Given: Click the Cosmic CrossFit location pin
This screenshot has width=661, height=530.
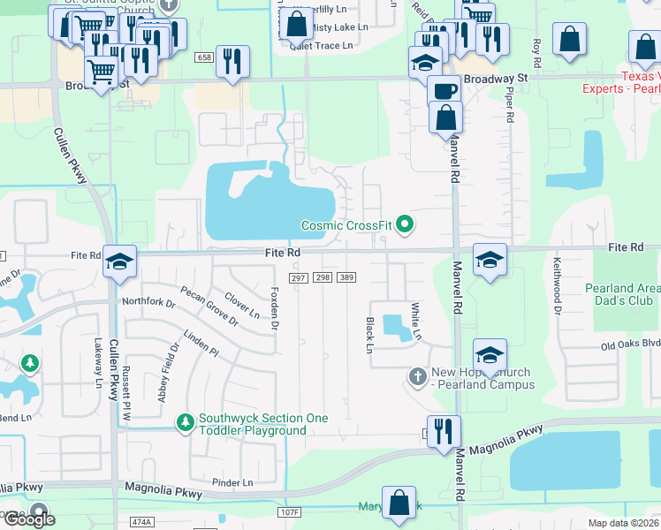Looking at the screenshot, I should pos(406,225).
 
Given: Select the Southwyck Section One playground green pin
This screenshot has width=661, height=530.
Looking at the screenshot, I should pos(185,424).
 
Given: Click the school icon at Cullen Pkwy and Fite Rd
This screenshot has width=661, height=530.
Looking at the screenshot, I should pos(119,261).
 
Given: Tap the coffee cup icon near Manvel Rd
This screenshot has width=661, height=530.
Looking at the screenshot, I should pos(444,90).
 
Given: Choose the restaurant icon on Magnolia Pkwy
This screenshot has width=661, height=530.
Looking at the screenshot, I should pos(444,431).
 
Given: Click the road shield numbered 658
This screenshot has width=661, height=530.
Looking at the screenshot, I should pos(205,57).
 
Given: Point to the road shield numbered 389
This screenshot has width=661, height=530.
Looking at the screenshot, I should pos(346,277).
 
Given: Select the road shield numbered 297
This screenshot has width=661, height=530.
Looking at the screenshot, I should pos(298,277).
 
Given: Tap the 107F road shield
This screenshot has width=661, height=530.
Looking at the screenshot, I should pos(289,512).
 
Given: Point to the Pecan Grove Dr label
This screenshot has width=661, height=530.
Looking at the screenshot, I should pos(209,305).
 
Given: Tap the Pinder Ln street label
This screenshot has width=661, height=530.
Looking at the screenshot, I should pos(232,482).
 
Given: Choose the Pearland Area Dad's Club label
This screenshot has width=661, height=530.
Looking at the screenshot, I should pos(622,294).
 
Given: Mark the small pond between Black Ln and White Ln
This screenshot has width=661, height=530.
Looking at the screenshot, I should pos(398,327).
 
